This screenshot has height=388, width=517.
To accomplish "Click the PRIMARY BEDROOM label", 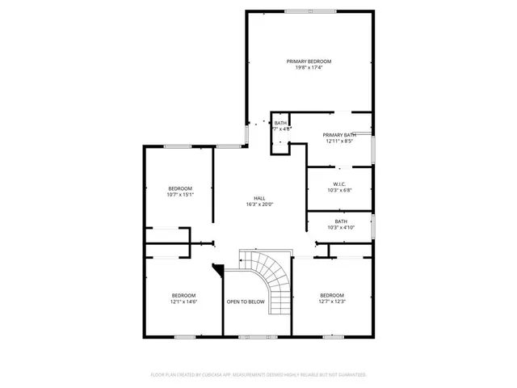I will pos(309,61).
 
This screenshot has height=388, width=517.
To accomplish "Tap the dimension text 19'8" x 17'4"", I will pos(309,68).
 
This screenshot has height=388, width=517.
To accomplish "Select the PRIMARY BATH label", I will pos(339,135).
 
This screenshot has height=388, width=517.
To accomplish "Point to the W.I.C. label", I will pos(339,183).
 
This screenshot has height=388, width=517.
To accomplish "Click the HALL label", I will pos(259,198).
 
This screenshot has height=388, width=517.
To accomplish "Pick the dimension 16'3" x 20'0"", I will pos(259,205).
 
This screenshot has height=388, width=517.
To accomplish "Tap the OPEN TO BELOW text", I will pos(246,302).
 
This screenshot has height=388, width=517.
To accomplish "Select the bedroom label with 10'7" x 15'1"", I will pos(180,188).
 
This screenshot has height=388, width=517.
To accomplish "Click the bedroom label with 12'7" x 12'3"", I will pos(332,295).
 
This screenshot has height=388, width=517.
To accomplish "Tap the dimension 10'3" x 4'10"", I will pos(341,227).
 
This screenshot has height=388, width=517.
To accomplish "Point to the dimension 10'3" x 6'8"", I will pos(339,190).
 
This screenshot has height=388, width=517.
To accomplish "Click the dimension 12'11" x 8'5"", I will pos(339,141).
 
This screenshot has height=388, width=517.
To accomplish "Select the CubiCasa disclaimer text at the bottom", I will pos(258,375).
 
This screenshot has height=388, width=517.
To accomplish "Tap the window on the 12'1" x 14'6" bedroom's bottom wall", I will pos(184,335).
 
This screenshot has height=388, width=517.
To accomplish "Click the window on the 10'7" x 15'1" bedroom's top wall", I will pos(178,146).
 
